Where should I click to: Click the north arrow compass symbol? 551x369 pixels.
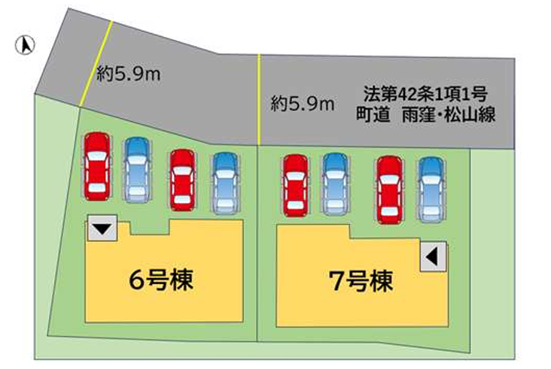25,45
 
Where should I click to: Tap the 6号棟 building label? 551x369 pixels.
161,280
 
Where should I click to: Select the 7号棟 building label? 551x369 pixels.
361,282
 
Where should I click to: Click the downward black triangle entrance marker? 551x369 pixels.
102,229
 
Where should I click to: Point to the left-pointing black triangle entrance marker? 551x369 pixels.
431,256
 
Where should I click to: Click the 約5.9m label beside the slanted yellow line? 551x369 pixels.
128,74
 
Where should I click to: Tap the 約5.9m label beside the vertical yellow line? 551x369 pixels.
302,104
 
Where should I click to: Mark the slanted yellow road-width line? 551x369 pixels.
96,63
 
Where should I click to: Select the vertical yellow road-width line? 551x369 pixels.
259,99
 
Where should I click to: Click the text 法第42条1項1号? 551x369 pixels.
425,94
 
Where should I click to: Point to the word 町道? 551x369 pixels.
373,114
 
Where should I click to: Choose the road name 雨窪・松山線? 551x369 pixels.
449,114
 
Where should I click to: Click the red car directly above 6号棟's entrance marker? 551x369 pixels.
97,166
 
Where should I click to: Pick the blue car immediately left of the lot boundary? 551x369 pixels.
225,183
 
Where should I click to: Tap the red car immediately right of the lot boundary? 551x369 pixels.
296,185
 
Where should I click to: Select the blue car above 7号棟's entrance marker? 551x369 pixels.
431,189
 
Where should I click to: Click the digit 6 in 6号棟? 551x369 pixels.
137,280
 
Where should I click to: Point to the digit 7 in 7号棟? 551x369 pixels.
336,282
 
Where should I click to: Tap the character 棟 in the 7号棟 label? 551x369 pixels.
382,282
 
